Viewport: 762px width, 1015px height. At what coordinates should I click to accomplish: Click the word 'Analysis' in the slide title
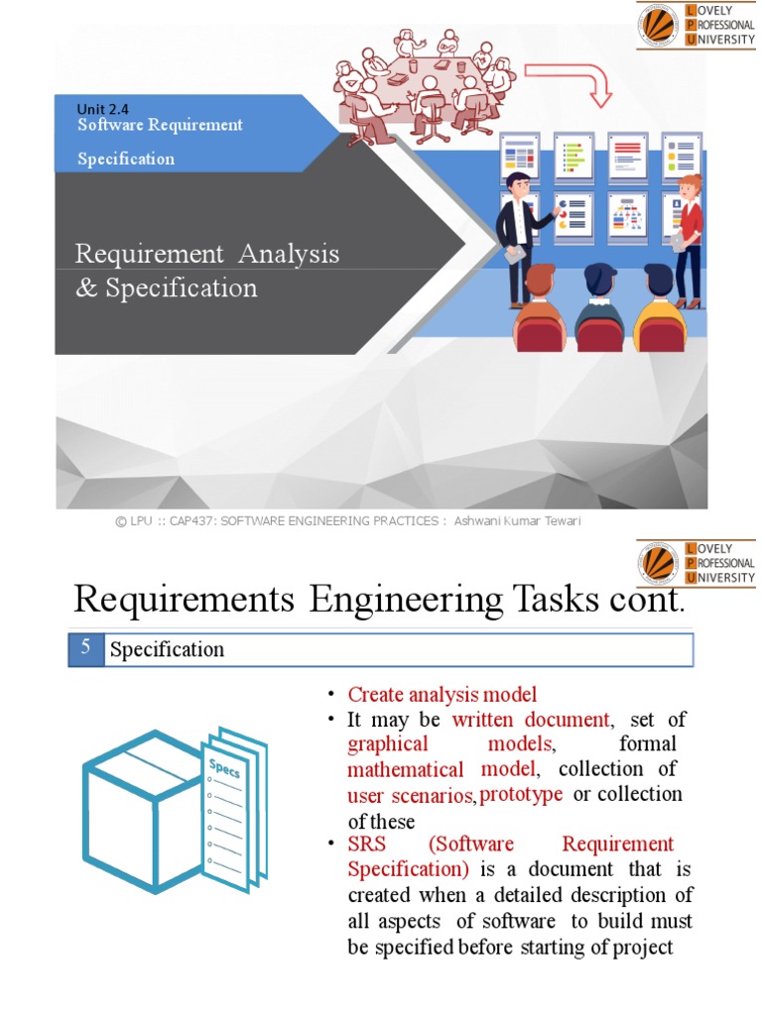288,254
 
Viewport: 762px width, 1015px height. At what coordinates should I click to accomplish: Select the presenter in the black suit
518,233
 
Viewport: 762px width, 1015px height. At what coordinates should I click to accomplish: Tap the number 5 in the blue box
86,648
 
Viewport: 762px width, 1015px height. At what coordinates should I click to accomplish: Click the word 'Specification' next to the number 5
167,650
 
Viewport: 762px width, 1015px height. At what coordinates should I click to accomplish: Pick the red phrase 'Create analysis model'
442,694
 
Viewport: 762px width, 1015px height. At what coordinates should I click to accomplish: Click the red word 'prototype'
521,794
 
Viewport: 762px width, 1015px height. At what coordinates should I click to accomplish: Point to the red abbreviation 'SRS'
367,845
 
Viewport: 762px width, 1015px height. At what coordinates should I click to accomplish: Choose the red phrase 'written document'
530,719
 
